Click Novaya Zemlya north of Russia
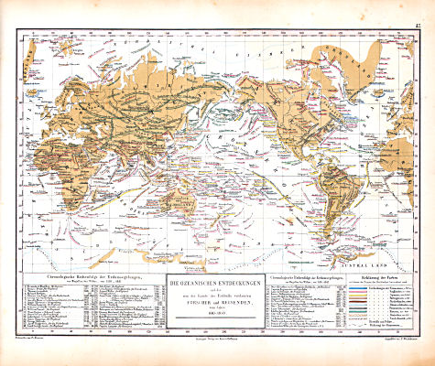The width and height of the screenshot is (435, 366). (x=101, y=48)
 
